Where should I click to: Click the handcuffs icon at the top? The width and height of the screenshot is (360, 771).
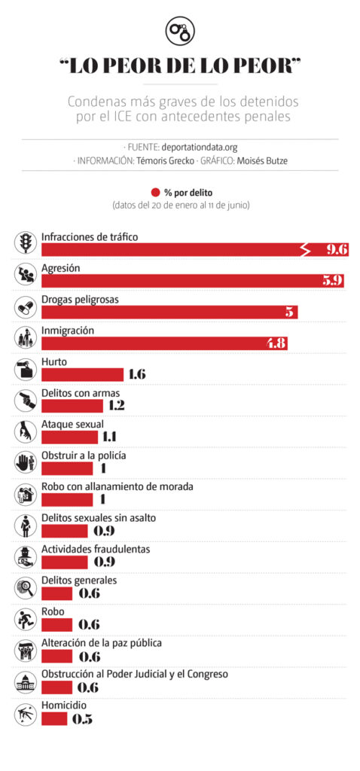tap(180, 30)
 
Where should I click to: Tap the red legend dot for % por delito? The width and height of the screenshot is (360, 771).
tap(156, 193)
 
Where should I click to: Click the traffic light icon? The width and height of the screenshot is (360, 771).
tap(26, 243)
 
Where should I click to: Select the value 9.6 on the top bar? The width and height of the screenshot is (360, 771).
tap(338, 250)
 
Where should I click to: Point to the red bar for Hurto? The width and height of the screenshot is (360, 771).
tap(83, 375)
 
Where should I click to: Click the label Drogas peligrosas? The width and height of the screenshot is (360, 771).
tap(80, 300)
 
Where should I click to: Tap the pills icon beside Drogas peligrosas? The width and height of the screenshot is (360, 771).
tap(26, 306)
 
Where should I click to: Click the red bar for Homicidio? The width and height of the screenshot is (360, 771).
tap(54, 719)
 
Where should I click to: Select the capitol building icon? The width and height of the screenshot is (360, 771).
tap(26, 684)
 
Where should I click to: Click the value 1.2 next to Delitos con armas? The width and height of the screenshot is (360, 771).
tap(114, 406)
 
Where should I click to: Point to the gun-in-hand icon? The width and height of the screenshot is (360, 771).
tap(26, 401)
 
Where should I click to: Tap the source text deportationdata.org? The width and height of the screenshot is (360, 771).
tap(200, 147)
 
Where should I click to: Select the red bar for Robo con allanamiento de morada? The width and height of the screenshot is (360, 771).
tap(67, 501)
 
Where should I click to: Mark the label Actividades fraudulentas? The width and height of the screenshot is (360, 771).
tap(96, 549)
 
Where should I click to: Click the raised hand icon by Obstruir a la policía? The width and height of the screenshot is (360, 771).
tap(26, 463)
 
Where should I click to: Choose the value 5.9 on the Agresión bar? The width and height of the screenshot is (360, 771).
tap(333, 282)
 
